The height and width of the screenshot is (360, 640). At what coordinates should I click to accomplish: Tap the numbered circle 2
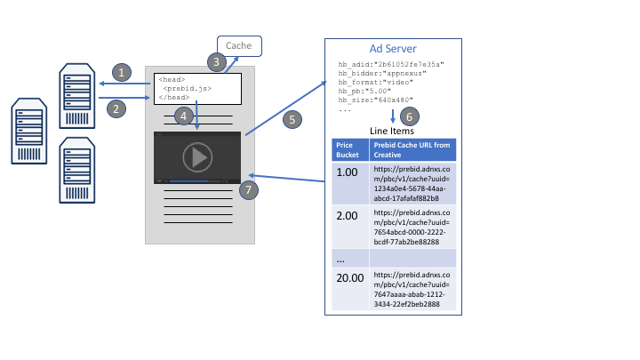(116, 108)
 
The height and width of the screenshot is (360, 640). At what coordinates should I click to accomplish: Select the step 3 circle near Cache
(216, 62)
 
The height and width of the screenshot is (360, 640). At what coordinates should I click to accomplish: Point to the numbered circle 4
(182, 116)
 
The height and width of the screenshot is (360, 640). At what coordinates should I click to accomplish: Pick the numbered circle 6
(408, 116)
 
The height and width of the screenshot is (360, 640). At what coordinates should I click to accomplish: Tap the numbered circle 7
(250, 189)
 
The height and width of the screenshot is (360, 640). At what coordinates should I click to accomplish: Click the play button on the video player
(197, 157)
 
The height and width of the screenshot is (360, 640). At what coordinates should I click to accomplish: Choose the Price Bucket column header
(345, 149)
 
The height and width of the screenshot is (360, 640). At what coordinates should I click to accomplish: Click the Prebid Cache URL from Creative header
(412, 149)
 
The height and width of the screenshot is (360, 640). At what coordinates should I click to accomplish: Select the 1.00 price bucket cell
(345, 172)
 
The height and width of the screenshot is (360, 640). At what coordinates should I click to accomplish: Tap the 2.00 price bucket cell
(345, 215)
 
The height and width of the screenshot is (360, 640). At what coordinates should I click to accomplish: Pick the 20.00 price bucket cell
(348, 277)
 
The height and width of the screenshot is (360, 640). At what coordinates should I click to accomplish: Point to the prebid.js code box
(197, 88)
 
